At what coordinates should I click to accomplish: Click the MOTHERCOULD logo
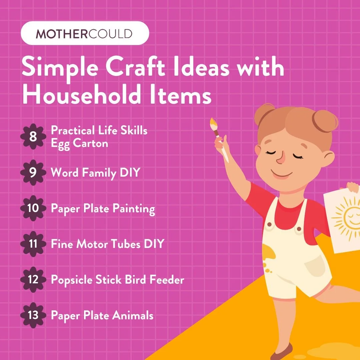coord(84,34)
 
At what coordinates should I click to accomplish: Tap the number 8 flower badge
coord(33,137)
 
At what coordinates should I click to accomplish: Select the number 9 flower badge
coord(33,173)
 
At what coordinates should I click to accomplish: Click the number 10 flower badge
coord(33,208)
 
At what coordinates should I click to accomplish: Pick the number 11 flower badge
coord(33,244)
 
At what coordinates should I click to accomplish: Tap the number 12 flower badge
coord(33,279)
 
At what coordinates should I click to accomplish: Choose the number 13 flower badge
coord(33,315)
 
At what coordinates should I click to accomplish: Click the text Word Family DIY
coord(95,173)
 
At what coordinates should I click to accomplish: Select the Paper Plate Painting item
coord(103,209)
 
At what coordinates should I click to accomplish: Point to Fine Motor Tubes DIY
coord(107,244)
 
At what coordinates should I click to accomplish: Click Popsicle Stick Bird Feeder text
coord(117,280)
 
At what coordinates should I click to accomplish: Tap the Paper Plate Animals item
coord(102,315)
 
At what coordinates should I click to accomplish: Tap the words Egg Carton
coord(79,144)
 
